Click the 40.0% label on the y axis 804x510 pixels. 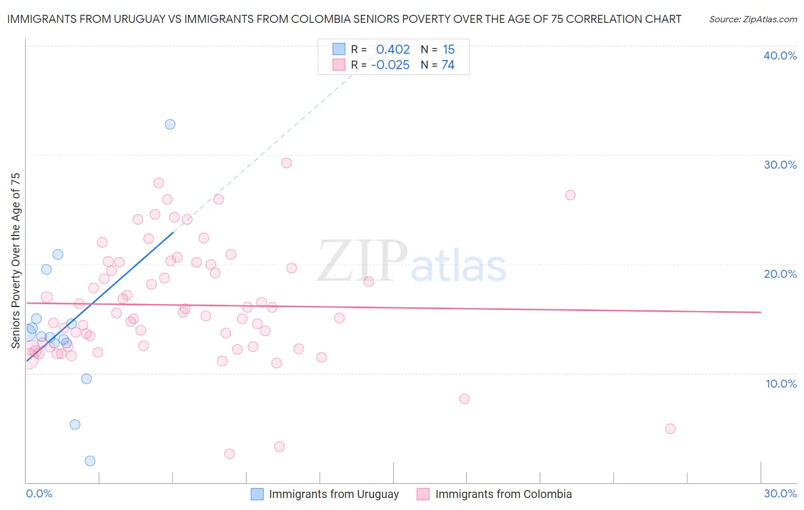pyautogui.click(x=780, y=55)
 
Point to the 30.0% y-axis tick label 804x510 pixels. pyautogui.click(x=780, y=165)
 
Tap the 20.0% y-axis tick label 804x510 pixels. pyautogui.click(x=780, y=274)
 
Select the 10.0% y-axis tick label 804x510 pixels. pyautogui.click(x=781, y=384)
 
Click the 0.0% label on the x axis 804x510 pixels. pyautogui.click(x=39, y=493)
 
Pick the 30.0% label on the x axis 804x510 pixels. pyautogui.click(x=780, y=493)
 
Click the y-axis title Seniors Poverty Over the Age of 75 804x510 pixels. pyautogui.click(x=15, y=261)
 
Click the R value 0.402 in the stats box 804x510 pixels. pyautogui.click(x=393, y=50)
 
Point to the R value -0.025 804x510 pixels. pyautogui.click(x=390, y=65)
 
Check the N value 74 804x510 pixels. pyautogui.click(x=448, y=65)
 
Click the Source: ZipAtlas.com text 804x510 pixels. pyautogui.click(x=753, y=19)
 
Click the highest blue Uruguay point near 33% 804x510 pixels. pyautogui.click(x=170, y=124)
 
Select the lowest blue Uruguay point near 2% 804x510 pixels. pyautogui.click(x=90, y=461)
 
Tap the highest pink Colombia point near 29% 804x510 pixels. pyautogui.click(x=286, y=163)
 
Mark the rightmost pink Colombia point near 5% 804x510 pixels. pyautogui.click(x=670, y=429)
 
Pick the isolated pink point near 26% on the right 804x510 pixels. pyautogui.click(x=570, y=195)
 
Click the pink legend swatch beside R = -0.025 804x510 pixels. pyautogui.click(x=339, y=65)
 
